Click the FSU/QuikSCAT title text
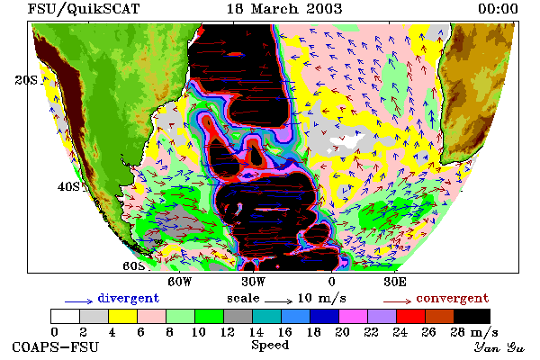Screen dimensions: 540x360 84,9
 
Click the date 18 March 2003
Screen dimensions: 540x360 284,9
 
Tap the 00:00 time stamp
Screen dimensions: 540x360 498,9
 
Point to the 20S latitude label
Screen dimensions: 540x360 26,80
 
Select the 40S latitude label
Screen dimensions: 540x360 68,186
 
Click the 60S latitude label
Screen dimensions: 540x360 134,266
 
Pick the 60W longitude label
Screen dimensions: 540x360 180,282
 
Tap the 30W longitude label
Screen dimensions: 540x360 254,282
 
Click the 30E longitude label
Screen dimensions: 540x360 395,282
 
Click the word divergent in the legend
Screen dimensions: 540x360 129,298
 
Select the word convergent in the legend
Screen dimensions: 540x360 453,298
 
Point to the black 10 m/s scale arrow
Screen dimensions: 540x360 279,301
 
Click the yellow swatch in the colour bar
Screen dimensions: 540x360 122,316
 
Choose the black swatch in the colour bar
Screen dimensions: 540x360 472,316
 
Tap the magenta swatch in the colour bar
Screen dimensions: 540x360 354,316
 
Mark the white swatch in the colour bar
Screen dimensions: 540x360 65,316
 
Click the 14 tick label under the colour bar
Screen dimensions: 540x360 256,332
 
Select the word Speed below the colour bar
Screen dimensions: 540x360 270,346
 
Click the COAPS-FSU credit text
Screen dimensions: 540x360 56,346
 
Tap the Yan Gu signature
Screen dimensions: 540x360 499,346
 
